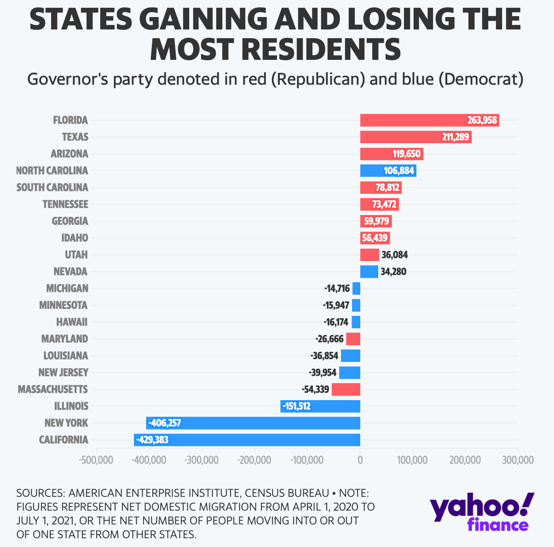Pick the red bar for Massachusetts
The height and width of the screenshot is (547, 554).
tap(346, 390)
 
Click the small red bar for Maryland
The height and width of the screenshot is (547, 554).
tap(353, 339)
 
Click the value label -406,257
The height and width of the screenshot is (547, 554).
tap(165, 423)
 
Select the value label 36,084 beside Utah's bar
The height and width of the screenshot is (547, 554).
tap(395, 255)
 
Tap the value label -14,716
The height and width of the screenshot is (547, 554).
tap(337, 289)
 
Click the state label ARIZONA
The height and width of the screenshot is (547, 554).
tap(69, 154)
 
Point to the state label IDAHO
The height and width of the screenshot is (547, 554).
tap(75, 238)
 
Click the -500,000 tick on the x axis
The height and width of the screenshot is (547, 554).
tap(97, 460)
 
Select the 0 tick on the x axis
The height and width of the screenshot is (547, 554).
tap(360, 460)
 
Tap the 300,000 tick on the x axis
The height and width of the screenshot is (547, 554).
tap(518, 460)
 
